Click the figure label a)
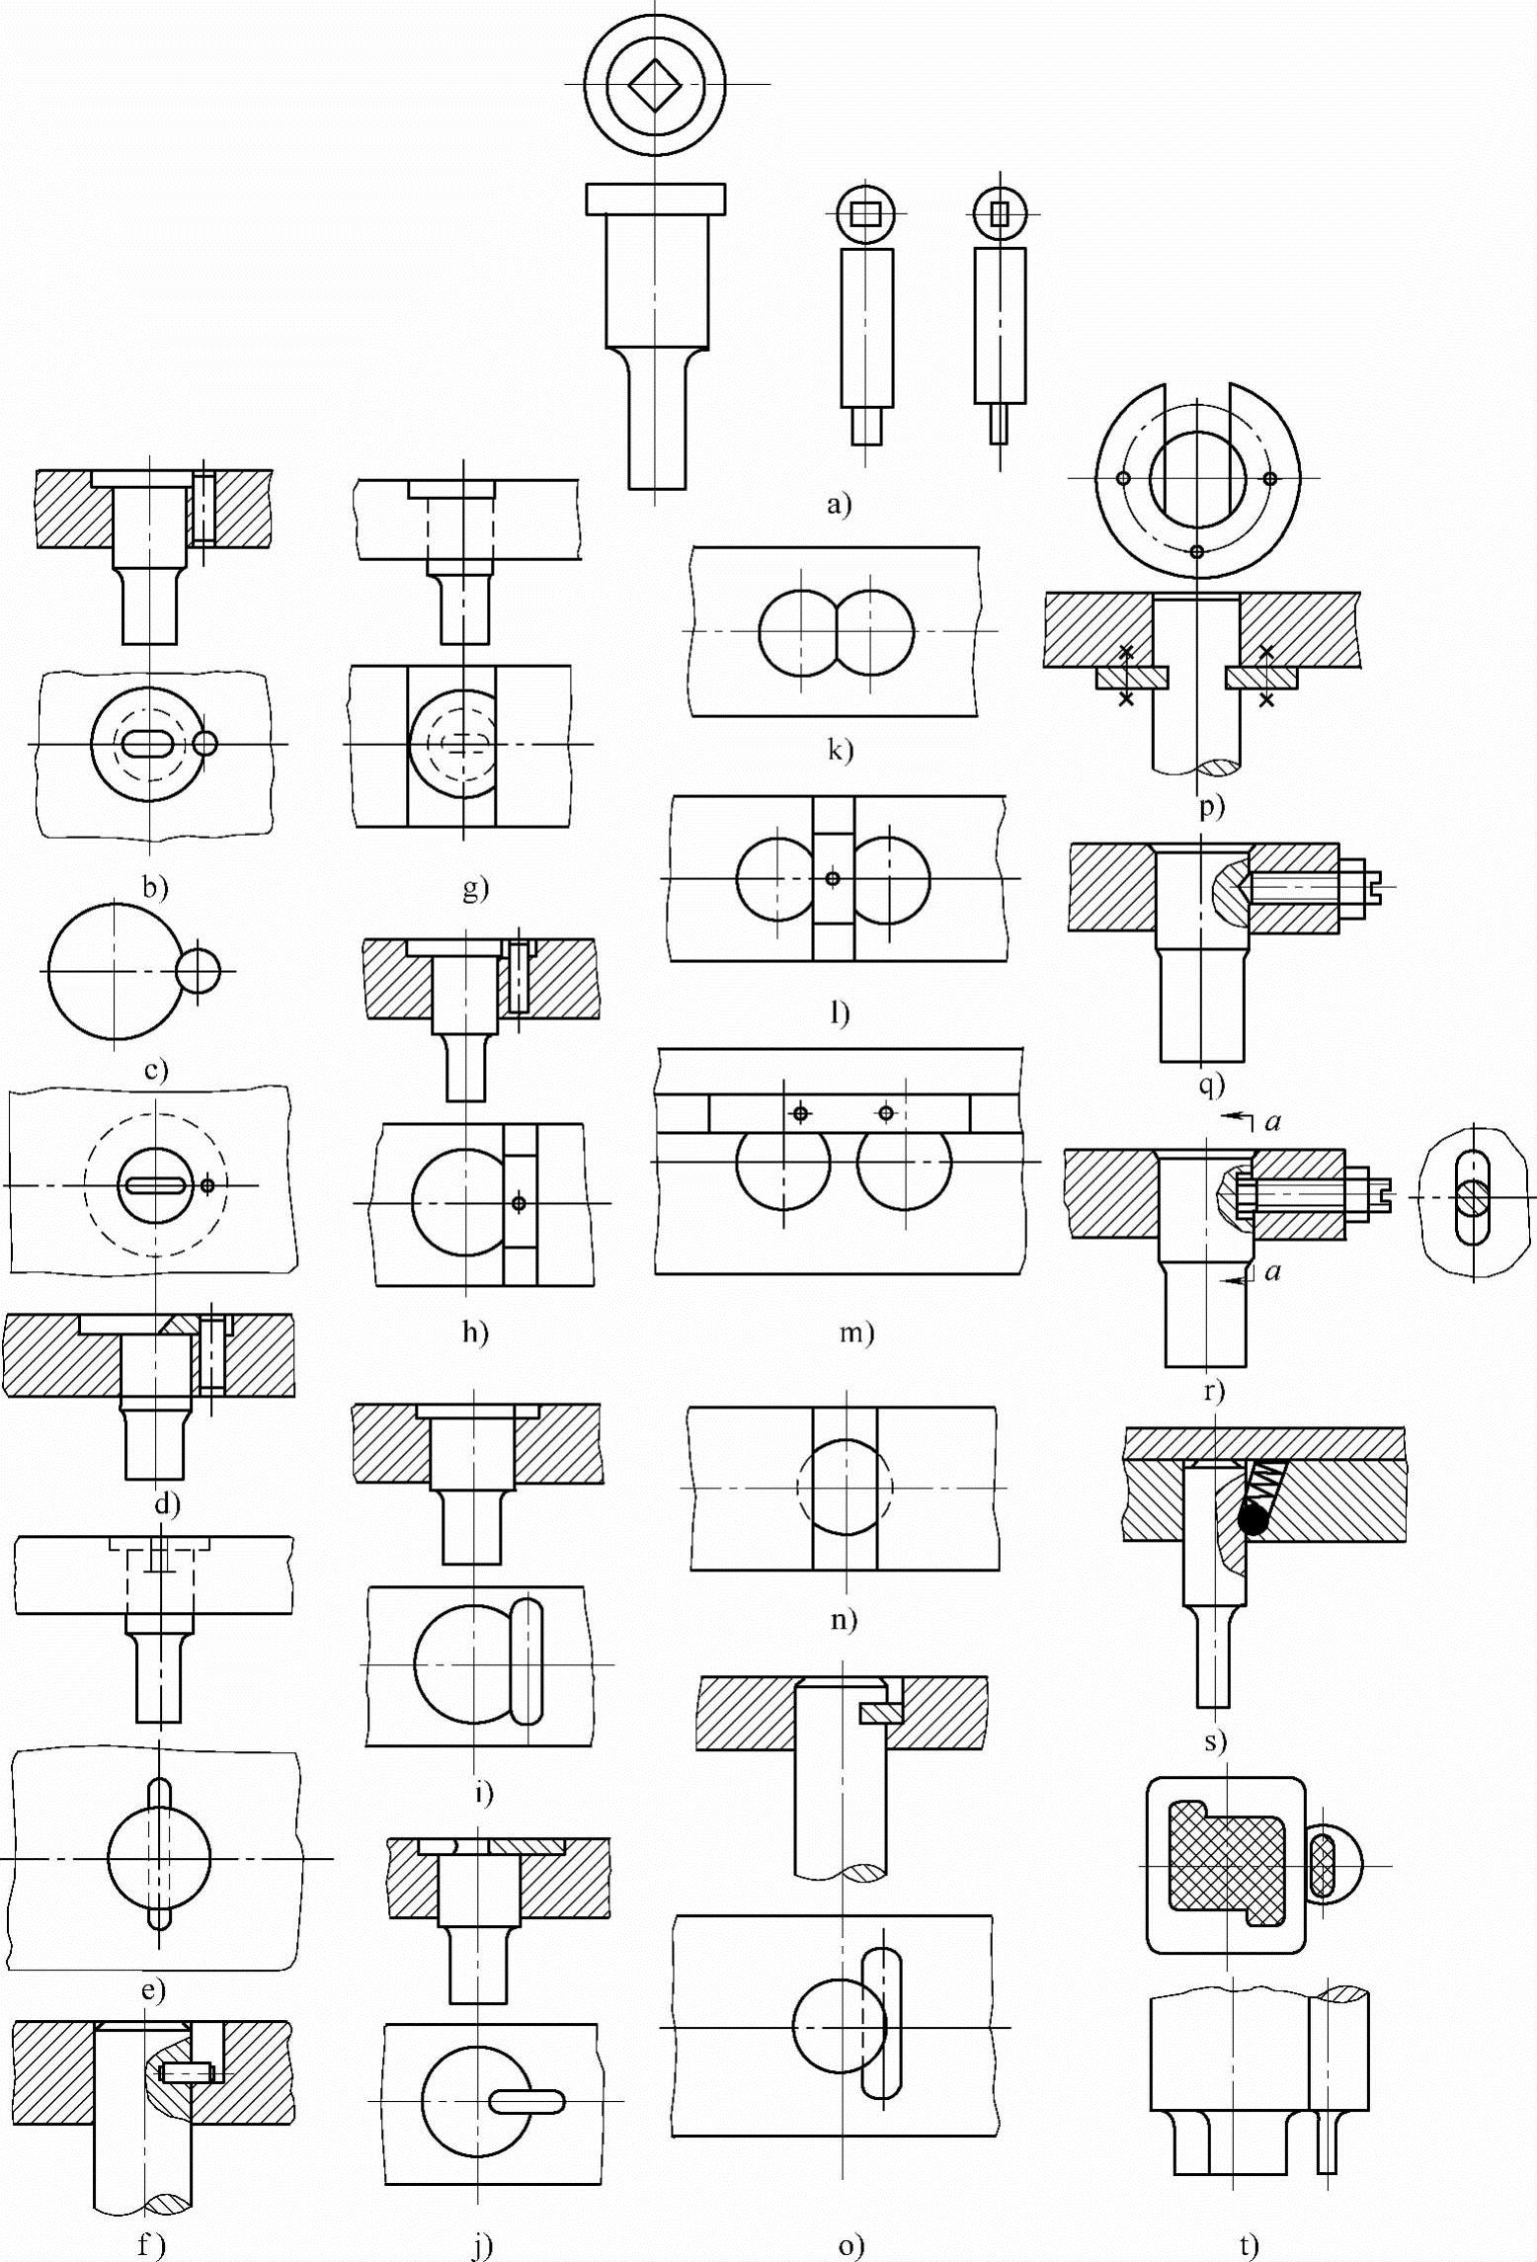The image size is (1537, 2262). click(x=839, y=506)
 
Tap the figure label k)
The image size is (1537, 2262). click(x=841, y=750)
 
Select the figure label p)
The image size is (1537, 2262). click(x=1211, y=807)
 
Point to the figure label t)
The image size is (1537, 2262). click(x=1250, y=2244)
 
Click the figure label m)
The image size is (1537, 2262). click(x=856, y=1333)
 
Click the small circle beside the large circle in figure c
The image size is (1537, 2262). click(x=198, y=971)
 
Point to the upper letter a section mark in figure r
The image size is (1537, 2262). click(x=1273, y=1121)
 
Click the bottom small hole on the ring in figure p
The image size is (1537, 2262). click(x=1196, y=551)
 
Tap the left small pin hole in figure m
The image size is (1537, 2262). click(x=801, y=1113)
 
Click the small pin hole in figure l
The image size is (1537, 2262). click(x=834, y=877)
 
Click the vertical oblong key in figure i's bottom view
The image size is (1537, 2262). click(x=527, y=1660)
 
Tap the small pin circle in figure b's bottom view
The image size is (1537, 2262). click(x=205, y=743)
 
